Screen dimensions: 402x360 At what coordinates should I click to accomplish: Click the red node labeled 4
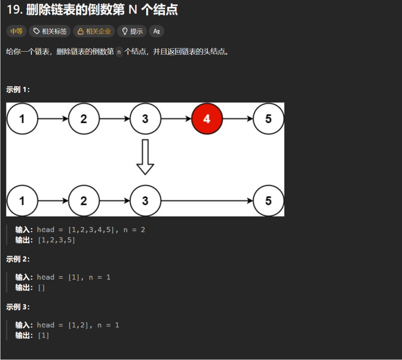tap(207, 119)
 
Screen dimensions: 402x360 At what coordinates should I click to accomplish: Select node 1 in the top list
tap(22, 119)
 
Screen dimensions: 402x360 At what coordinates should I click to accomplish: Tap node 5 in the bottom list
tap(268, 201)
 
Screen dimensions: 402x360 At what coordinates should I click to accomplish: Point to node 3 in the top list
tap(145, 119)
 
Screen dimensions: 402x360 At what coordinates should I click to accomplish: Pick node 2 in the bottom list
tap(84, 201)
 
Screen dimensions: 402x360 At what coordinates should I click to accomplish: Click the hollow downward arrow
tap(145, 157)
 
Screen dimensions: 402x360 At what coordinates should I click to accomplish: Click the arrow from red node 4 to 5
tap(238, 119)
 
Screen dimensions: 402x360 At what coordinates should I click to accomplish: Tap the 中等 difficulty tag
tap(17, 31)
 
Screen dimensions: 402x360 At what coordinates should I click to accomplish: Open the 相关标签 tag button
tap(50, 31)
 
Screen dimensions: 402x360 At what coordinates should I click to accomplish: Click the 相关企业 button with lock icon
tap(94, 31)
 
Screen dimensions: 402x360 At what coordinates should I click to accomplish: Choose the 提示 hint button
tap(132, 31)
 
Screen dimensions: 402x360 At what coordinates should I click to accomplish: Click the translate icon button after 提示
tap(157, 31)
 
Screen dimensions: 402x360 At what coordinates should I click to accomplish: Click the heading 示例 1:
tap(18, 89)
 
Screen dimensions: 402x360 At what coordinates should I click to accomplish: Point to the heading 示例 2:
tap(18, 259)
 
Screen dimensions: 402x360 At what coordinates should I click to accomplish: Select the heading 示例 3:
tap(18, 307)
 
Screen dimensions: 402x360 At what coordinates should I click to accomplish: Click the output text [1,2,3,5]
tap(57, 240)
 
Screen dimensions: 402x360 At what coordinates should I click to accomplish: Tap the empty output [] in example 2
tap(41, 288)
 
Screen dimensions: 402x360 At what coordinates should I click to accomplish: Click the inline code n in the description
tap(119, 52)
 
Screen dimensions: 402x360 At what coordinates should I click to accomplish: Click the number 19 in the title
tap(14, 10)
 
